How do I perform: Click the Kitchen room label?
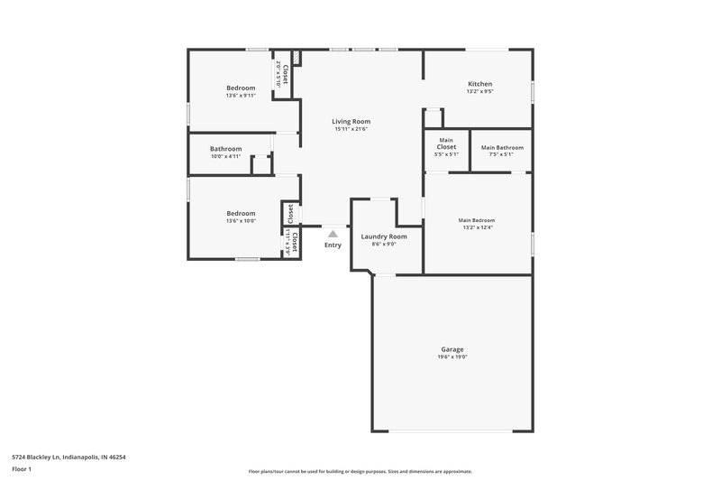click(x=479, y=84)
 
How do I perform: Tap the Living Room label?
click(x=351, y=121)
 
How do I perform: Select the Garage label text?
click(x=452, y=349)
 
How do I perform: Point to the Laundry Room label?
click(x=384, y=236)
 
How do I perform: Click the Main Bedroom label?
click(x=477, y=220)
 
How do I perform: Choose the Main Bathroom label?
click(x=502, y=147)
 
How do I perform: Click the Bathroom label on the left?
click(x=226, y=149)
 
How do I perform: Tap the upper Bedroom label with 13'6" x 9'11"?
click(x=241, y=88)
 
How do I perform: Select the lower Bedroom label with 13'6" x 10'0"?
click(x=241, y=213)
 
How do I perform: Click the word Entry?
click(x=333, y=245)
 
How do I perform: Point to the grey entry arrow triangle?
click(x=333, y=233)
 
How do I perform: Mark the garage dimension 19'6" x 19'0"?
click(x=452, y=357)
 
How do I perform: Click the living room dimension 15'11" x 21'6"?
click(x=351, y=129)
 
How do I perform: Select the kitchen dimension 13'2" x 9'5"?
click(x=479, y=92)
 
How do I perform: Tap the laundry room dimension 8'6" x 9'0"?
click(x=384, y=245)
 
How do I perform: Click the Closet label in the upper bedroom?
click(x=286, y=74)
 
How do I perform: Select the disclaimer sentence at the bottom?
click(x=360, y=471)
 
